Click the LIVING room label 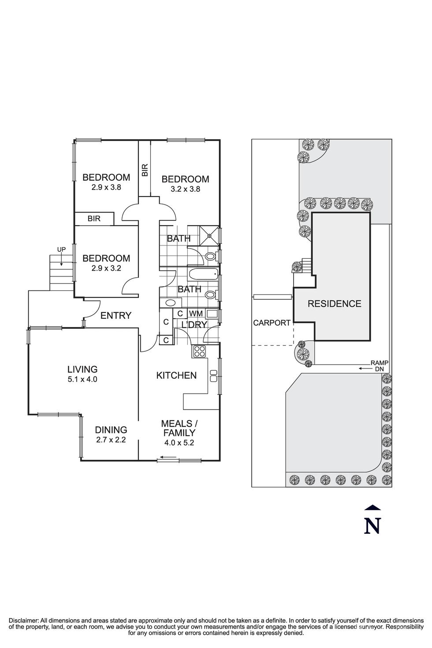82,369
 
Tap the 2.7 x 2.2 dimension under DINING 111,439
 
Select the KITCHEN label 176,376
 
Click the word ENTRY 116,316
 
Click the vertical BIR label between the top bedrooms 145,171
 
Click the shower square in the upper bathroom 209,234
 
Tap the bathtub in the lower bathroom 203,275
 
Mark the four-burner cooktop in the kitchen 200,351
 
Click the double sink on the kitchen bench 214,376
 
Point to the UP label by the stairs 61,250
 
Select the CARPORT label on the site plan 272,323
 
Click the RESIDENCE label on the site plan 334,304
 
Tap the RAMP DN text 379,365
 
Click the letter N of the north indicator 372,525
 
